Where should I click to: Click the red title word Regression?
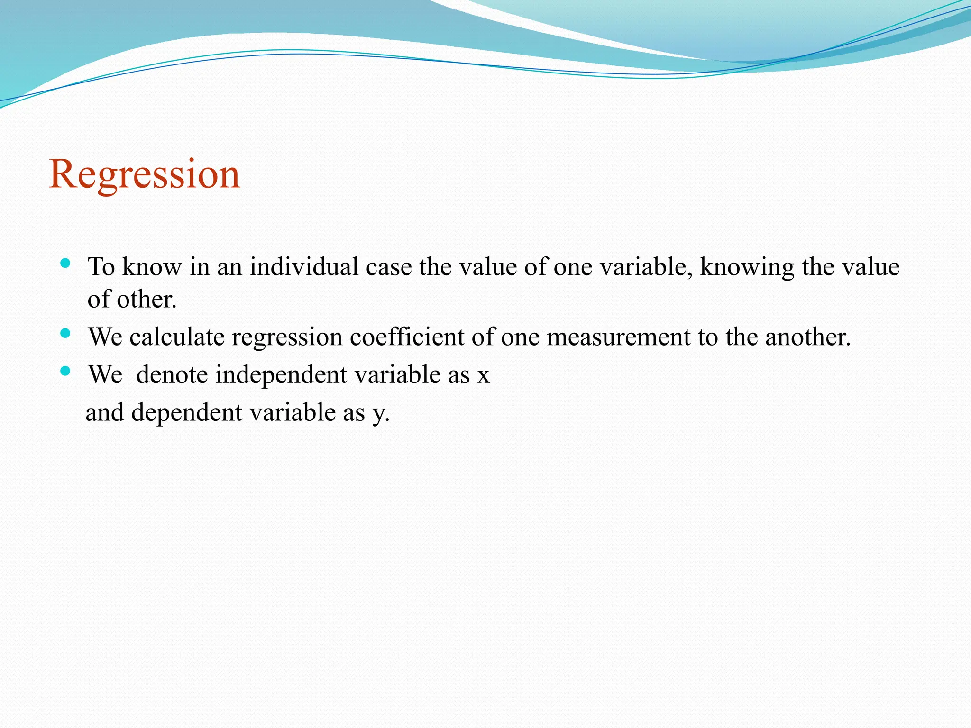[x=145, y=174]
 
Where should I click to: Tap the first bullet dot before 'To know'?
[x=66, y=263]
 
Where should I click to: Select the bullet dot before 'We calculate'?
[x=66, y=333]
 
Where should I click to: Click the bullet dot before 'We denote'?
[x=66, y=371]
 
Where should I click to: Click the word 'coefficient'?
[x=407, y=337]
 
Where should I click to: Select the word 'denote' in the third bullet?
[x=172, y=374]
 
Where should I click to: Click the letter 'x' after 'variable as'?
[x=483, y=375]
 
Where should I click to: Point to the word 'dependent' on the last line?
[x=187, y=412]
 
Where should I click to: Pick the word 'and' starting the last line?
[x=104, y=412]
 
